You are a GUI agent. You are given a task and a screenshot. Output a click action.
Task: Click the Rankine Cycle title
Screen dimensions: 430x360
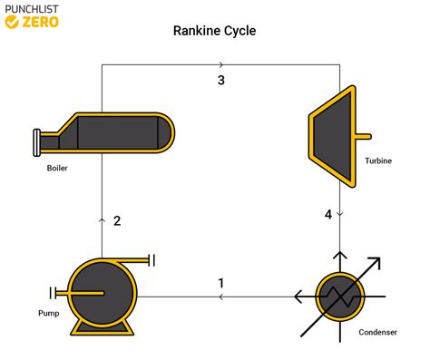pos(214,31)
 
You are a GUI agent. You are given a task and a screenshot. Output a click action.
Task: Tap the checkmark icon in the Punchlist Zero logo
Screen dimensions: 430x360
pos(12,22)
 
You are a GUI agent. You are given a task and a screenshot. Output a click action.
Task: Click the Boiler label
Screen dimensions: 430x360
pos(57,168)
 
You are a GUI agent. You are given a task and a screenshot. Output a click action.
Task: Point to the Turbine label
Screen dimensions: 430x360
pos(378,161)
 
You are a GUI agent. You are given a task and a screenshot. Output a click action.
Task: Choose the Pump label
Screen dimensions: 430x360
pos(48,313)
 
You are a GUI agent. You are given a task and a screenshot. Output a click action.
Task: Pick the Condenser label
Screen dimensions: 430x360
pos(377,332)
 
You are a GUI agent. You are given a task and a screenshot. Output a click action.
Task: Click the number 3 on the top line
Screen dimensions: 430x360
pos(221,80)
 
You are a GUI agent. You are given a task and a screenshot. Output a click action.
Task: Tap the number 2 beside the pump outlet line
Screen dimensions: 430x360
pos(117,221)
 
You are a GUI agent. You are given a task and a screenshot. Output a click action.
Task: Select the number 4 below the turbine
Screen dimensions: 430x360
pos(328,214)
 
